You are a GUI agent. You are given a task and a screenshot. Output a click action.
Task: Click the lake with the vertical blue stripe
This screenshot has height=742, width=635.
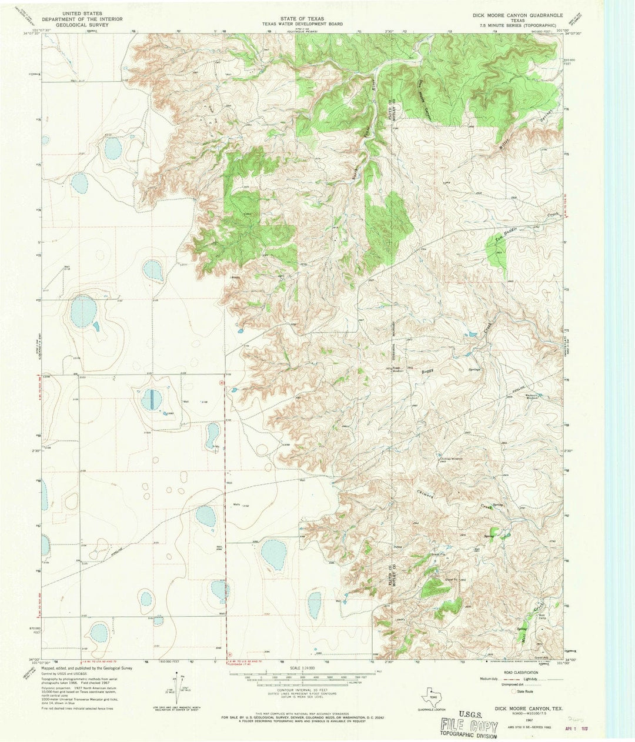(151, 400)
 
